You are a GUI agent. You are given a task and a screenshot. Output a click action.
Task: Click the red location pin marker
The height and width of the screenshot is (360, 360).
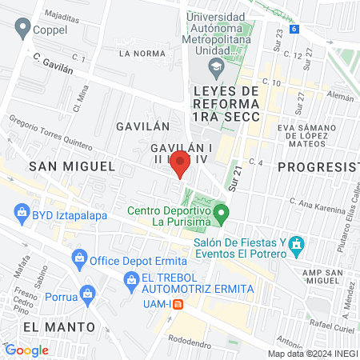pos(181,163)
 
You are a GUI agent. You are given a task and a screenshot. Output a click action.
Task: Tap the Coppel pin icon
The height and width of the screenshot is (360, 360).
pos(21,29)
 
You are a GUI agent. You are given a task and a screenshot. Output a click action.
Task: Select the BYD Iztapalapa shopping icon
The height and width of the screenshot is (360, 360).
pos(21,214)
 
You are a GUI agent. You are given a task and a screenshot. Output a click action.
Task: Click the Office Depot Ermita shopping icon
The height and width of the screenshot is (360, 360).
pos(79,258)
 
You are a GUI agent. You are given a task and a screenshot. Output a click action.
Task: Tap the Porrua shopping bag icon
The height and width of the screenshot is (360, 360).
pos(86,294)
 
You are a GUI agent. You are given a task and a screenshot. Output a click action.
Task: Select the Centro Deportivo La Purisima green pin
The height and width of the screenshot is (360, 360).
pos(224,214)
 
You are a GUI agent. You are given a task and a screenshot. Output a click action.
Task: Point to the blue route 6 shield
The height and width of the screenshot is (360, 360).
pos(294,29)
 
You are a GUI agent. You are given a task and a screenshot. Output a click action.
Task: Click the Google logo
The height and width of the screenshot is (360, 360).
pos(26,350)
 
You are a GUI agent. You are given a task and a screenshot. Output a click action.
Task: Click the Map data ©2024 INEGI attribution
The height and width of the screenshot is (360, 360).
pos(313,353)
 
